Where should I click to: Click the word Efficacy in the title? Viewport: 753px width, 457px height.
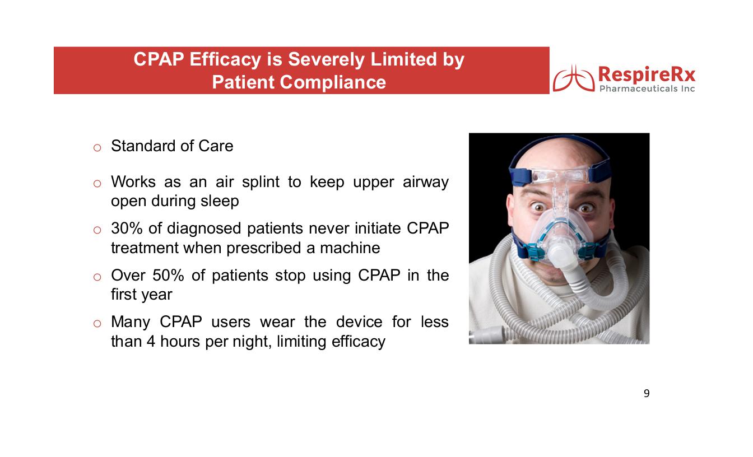click(225, 60)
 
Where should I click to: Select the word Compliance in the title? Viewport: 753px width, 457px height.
click(333, 82)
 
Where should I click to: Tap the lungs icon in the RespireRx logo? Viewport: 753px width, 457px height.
click(574, 78)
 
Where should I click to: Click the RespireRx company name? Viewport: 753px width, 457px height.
click(647, 74)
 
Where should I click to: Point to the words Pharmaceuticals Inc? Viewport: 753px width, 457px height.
click(647, 88)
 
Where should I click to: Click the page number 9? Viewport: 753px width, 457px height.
click(647, 393)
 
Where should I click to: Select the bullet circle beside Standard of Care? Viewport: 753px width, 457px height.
click(97, 148)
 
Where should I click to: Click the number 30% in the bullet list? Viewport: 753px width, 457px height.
click(127, 228)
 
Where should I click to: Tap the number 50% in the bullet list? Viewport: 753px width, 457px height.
click(168, 275)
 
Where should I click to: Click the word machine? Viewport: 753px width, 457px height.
click(350, 248)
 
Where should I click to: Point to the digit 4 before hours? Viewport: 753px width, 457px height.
click(151, 342)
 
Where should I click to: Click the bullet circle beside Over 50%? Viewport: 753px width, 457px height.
click(97, 277)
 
